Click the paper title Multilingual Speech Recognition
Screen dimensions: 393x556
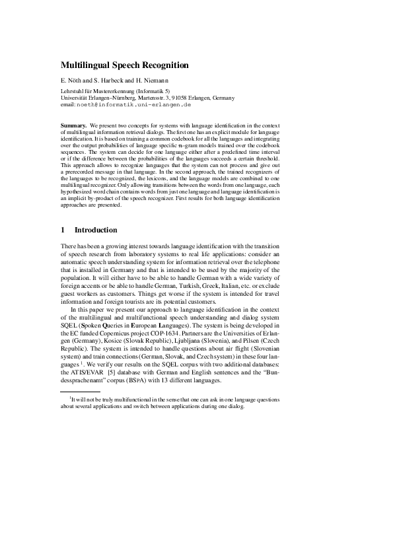tap(125, 65)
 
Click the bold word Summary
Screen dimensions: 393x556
tap(73, 125)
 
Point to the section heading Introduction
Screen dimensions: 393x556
tap(96, 230)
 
